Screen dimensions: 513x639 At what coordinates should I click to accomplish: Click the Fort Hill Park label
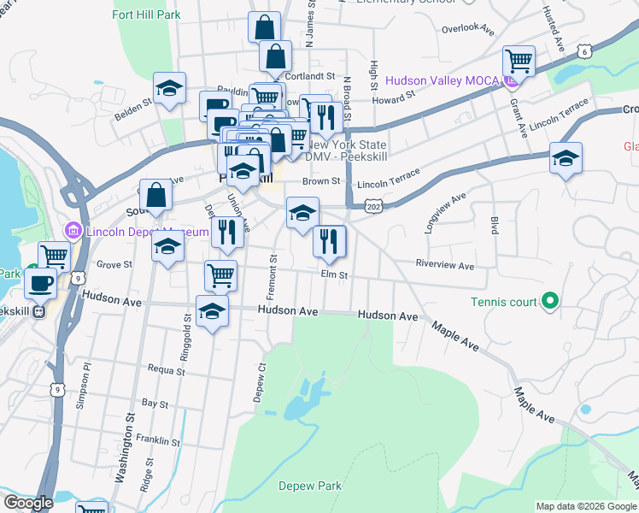pyautogui.click(x=145, y=15)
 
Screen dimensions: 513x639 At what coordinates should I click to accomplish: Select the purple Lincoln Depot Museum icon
pyautogui.click(x=73, y=232)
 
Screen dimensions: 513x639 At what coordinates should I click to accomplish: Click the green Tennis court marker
pyautogui.click(x=550, y=301)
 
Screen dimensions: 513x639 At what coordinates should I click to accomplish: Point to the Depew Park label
pyautogui.click(x=310, y=486)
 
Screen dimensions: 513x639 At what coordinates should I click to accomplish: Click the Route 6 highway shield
pyautogui.click(x=583, y=51)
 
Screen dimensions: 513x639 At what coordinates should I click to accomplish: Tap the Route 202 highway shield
pyautogui.click(x=372, y=207)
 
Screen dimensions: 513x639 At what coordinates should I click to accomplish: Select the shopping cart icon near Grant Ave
pyautogui.click(x=519, y=62)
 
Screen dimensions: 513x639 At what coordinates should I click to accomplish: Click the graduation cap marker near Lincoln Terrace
pyautogui.click(x=565, y=159)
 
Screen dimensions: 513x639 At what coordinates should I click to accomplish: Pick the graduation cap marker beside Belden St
pyautogui.click(x=169, y=88)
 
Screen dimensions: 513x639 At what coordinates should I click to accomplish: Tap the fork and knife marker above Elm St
pyautogui.click(x=329, y=242)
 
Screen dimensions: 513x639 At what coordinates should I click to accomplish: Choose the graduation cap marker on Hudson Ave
pyautogui.click(x=212, y=311)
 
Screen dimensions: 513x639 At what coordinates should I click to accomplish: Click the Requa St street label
pyautogui.click(x=166, y=371)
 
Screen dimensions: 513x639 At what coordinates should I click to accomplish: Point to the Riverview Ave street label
pyautogui.click(x=444, y=266)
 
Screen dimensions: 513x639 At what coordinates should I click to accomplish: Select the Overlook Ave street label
pyautogui.click(x=468, y=28)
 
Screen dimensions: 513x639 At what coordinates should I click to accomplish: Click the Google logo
pyautogui.click(x=28, y=503)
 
